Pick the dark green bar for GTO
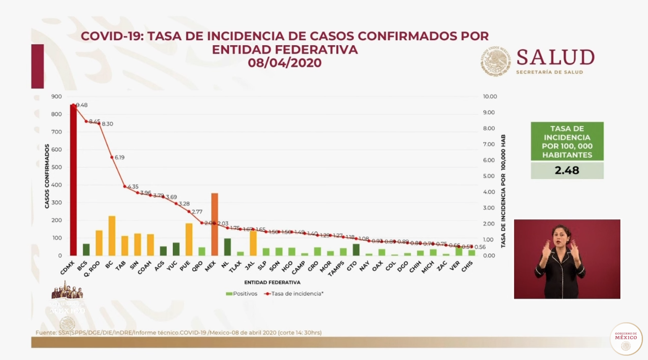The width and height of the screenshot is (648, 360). (x=356, y=250)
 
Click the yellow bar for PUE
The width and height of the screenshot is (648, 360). (x=189, y=240)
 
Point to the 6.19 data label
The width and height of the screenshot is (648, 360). (x=120, y=157)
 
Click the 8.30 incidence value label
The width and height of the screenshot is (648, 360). (x=107, y=124)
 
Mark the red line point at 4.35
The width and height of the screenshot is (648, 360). (x=125, y=186)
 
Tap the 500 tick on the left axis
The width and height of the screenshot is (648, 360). (x=56, y=167)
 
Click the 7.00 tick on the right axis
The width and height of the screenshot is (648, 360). (x=489, y=144)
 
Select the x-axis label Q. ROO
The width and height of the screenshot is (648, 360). (x=92, y=269)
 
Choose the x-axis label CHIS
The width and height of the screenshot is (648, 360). (x=467, y=266)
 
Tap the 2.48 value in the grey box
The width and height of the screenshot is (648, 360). (x=567, y=170)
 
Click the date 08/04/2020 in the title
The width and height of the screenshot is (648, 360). (x=285, y=63)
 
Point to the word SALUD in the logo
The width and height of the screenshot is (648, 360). (x=555, y=57)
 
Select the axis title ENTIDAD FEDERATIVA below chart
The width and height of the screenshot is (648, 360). (x=272, y=282)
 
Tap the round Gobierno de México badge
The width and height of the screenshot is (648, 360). (x=626, y=339)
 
